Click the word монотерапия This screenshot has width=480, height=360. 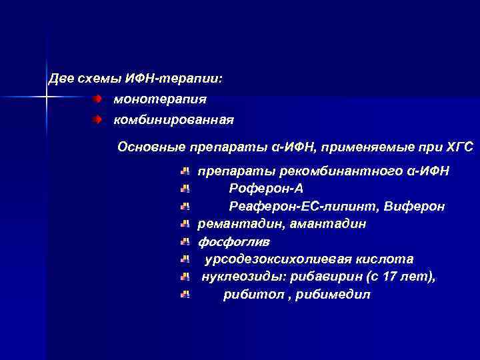point(160,99)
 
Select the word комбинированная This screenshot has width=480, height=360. point(173,120)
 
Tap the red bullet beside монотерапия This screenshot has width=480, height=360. point(97,99)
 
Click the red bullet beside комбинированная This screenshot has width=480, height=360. point(97,120)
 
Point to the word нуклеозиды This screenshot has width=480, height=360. point(240,276)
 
